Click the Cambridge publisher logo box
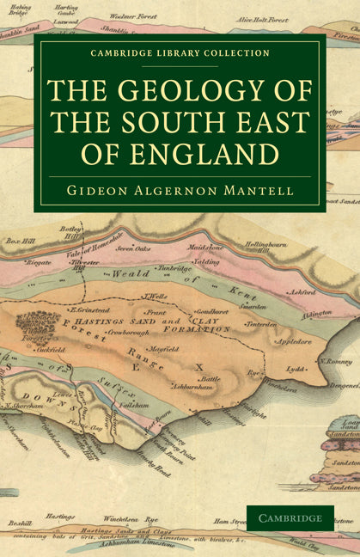click(x=290, y=517)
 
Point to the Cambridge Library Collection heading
click(x=180, y=52)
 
